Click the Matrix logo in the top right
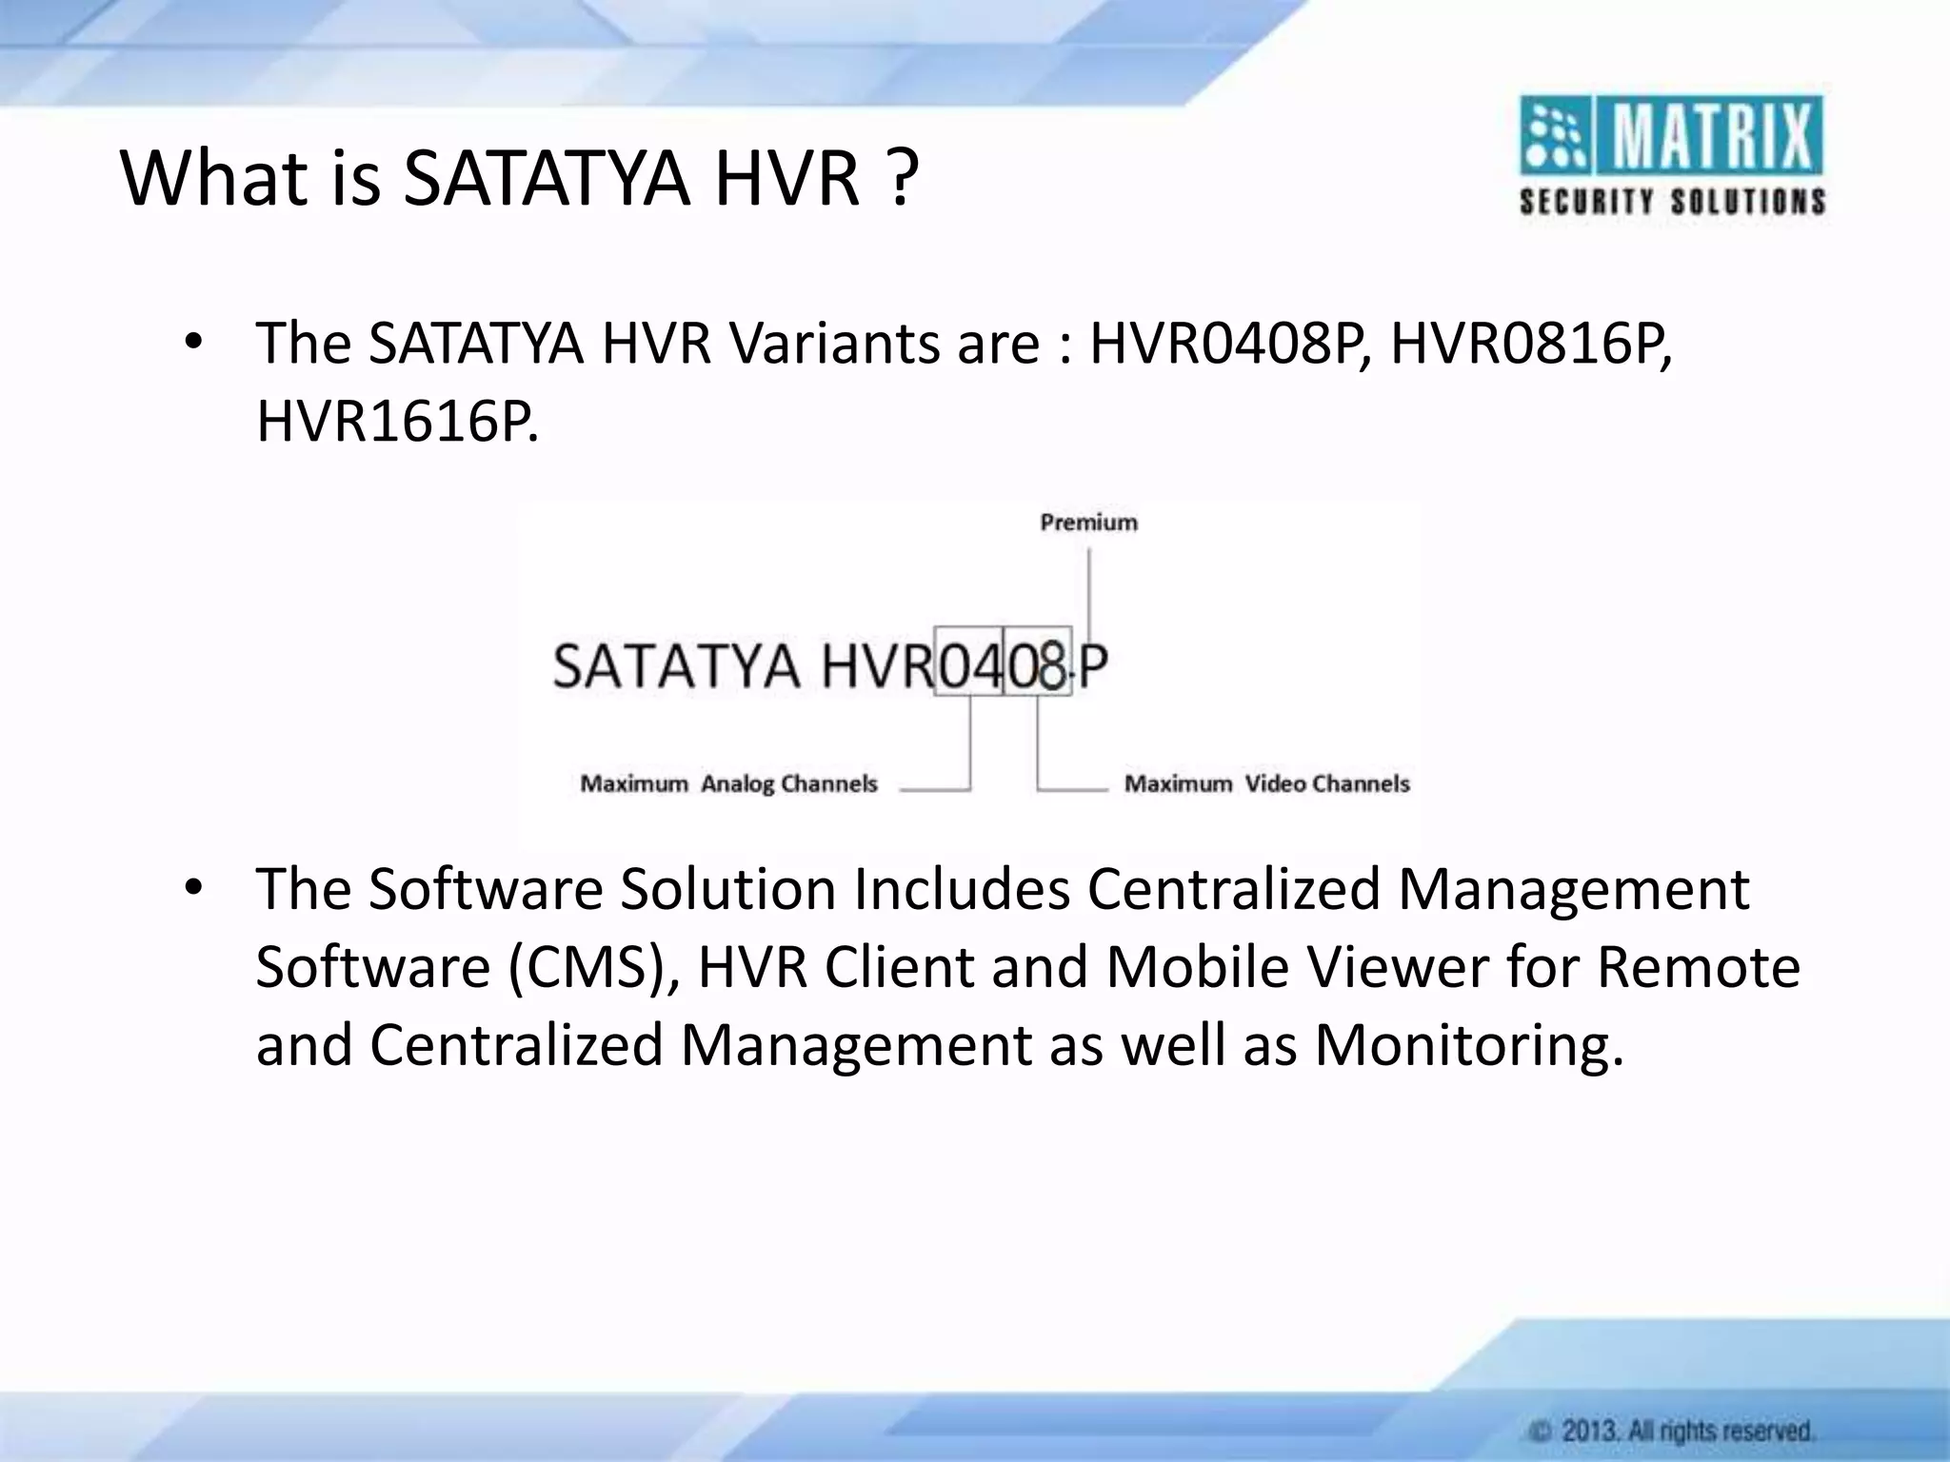[x=1672, y=156]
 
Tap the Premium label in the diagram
[x=1088, y=523]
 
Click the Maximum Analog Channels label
[x=728, y=783]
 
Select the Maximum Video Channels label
[x=1266, y=783]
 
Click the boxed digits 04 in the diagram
[x=969, y=663]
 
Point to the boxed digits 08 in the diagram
[x=1037, y=663]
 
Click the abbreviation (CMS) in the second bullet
[x=593, y=967]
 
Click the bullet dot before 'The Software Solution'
[x=194, y=887]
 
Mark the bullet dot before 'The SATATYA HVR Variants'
[x=194, y=343]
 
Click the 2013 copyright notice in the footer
[x=1671, y=1430]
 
